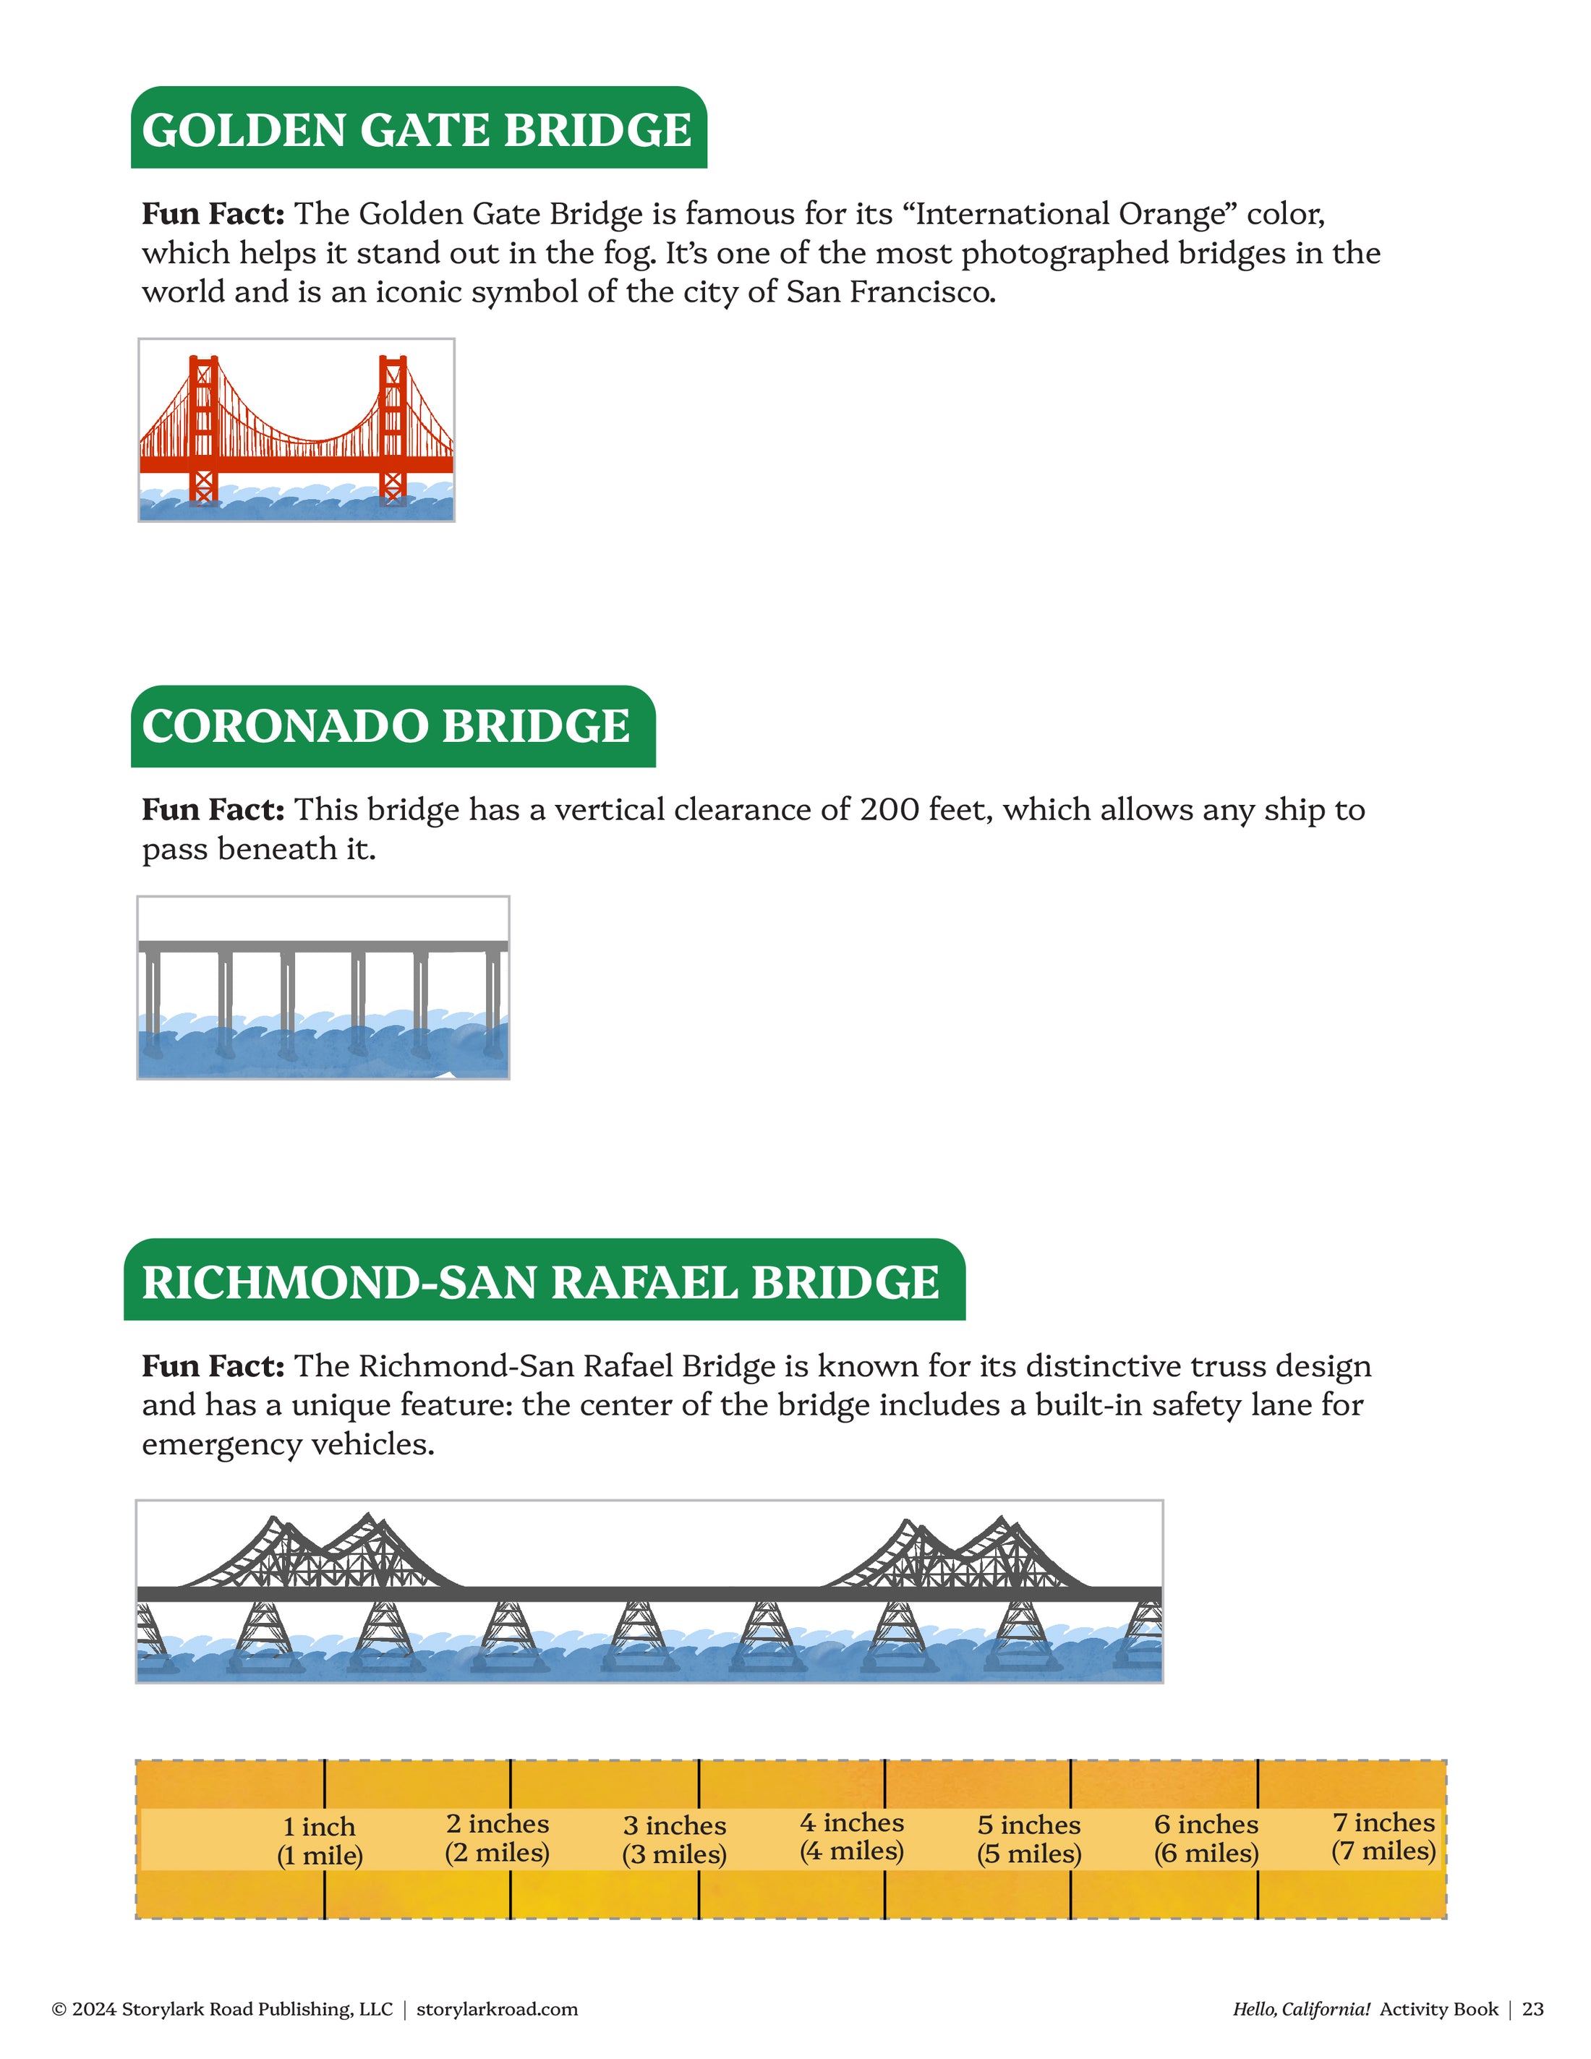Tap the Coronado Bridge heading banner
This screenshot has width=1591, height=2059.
point(392,726)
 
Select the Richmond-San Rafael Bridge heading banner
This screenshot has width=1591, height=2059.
point(543,1282)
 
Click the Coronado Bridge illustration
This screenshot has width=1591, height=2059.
point(323,987)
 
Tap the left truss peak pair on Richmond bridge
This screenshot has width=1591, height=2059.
point(320,1551)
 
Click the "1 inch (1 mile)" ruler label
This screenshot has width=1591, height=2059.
point(320,1841)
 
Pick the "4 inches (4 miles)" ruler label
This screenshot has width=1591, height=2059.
point(852,1836)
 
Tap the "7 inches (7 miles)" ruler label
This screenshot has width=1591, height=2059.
point(1383,1836)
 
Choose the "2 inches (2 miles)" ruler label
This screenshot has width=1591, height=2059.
point(498,1838)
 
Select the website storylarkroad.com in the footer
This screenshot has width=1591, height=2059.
point(498,2009)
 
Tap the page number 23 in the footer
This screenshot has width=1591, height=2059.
point(1533,2009)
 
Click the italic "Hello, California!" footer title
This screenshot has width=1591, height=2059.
point(1301,2009)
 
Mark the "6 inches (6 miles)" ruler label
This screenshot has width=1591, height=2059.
point(1206,1838)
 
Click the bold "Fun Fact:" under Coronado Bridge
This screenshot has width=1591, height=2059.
point(213,810)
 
